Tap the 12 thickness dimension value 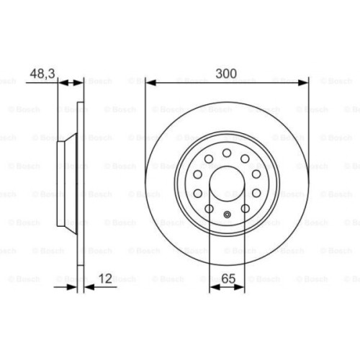pyautogui.click(x=105, y=278)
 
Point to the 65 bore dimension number pyautogui.click(x=228, y=278)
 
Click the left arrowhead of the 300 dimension pyautogui.click(x=150, y=83)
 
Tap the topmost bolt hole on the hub pyautogui.click(x=227, y=151)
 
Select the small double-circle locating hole pyautogui.click(x=227, y=214)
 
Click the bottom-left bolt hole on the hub pyautogui.click(x=209, y=209)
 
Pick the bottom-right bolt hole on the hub pyautogui.click(x=246, y=209)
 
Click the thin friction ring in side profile pyautogui.click(x=81, y=184)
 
